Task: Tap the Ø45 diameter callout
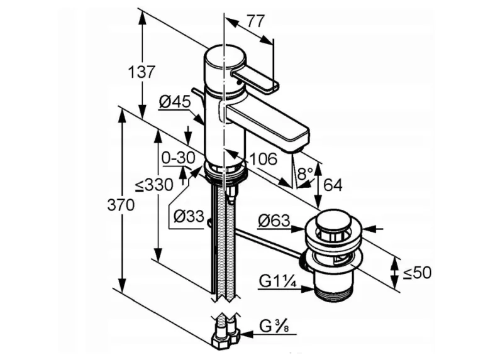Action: pos(174,101)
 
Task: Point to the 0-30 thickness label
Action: pos(178,158)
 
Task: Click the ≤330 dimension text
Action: pos(153,185)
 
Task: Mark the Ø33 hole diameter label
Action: pos(189,217)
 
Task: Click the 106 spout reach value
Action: pos(262,159)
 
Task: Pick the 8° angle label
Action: pos(306,173)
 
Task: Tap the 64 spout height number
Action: pos(333,185)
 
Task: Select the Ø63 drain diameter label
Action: pos(274,221)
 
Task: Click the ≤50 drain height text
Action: pos(416,273)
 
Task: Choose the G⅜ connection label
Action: pos(275,327)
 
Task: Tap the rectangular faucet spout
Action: pos(268,123)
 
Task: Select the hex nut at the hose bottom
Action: pos(225,339)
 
